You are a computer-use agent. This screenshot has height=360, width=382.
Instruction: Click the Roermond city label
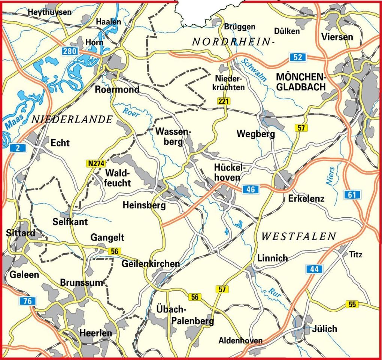(117, 90)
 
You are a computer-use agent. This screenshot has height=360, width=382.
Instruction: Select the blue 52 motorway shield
(298, 57)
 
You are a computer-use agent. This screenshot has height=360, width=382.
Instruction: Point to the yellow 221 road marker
(224, 101)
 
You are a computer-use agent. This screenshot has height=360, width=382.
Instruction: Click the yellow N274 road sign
(96, 163)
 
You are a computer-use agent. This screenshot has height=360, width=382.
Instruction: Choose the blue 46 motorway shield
(250, 190)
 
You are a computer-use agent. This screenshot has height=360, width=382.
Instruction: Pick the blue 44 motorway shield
(314, 269)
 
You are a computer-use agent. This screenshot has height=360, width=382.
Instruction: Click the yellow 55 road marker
(352, 304)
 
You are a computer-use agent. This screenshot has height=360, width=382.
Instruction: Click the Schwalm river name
(254, 70)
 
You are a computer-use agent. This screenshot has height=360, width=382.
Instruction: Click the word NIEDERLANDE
(72, 120)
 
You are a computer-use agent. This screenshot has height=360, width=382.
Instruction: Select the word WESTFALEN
(298, 236)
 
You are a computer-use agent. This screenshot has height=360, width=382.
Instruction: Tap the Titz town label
(356, 255)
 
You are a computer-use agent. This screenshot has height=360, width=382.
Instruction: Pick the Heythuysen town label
(49, 12)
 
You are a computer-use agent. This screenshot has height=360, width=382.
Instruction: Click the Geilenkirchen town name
(151, 263)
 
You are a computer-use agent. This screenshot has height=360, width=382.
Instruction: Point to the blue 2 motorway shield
(18, 148)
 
